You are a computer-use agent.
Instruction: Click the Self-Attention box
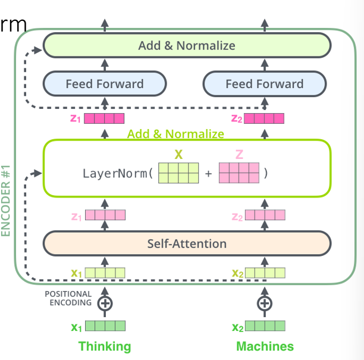(x=187, y=243)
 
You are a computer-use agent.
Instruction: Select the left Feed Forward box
(x=105, y=84)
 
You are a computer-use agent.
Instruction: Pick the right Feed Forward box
(x=265, y=84)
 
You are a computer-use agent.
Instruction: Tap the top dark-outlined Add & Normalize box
(x=187, y=45)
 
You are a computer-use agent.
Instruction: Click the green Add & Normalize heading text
(x=175, y=134)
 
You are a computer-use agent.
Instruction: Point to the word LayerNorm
(x=115, y=173)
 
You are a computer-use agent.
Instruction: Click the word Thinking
(x=105, y=346)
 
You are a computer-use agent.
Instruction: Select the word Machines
(x=265, y=346)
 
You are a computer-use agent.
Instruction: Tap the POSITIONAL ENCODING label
(x=68, y=298)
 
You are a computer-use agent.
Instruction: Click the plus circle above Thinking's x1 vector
(x=105, y=303)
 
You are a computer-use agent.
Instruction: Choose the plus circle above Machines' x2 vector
(x=265, y=303)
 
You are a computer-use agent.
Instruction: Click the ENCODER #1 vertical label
(x=5, y=201)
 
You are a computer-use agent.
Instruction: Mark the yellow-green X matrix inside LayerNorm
(x=178, y=173)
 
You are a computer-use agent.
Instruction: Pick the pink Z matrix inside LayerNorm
(x=239, y=173)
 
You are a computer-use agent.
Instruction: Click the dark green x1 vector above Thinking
(x=105, y=325)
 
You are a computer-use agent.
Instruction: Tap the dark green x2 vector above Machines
(x=265, y=325)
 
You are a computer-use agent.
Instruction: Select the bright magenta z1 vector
(x=104, y=118)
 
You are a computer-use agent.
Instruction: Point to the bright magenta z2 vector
(x=264, y=118)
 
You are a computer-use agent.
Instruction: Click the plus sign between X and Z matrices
(x=208, y=174)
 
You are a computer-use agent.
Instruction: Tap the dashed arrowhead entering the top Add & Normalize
(x=37, y=50)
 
